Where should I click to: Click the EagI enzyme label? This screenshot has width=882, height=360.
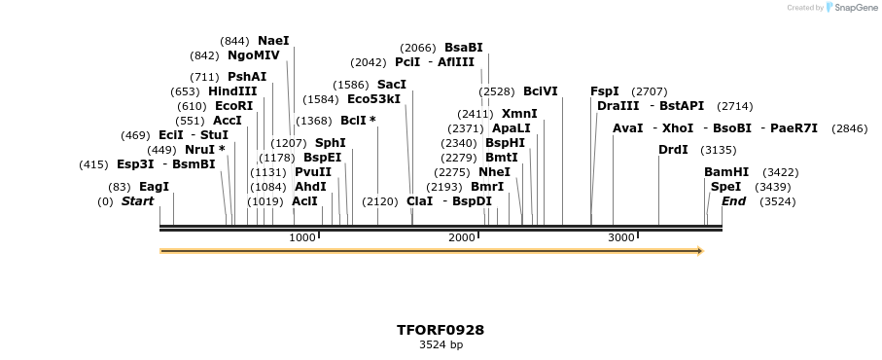pyautogui.click(x=154, y=186)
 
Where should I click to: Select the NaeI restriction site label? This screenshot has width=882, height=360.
pyautogui.click(x=273, y=41)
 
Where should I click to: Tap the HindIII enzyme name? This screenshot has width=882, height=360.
pyautogui.click(x=232, y=91)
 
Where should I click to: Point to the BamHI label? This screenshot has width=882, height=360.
pyautogui.click(x=726, y=171)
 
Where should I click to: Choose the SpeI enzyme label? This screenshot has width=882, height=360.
pyautogui.click(x=725, y=186)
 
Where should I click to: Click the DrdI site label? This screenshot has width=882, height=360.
pyautogui.click(x=673, y=150)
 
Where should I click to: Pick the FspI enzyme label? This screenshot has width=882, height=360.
pyautogui.click(x=604, y=91)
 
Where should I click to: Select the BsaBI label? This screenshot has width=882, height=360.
pyautogui.click(x=463, y=48)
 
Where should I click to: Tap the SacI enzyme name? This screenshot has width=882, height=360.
pyautogui.click(x=391, y=85)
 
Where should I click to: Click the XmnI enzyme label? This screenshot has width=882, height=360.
pyautogui.click(x=519, y=114)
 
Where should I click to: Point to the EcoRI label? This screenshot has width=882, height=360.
pyautogui.click(x=233, y=106)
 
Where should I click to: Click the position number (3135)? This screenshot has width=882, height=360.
pyautogui.click(x=719, y=150)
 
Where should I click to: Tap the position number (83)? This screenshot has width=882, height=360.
pyautogui.click(x=119, y=187)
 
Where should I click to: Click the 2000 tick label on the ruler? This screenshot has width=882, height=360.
pyautogui.click(x=461, y=237)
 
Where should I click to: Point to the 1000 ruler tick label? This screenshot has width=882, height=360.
pyautogui.click(x=302, y=237)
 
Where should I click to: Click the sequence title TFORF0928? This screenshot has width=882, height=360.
pyautogui.click(x=441, y=330)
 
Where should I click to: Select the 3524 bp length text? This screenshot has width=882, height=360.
pyautogui.click(x=441, y=344)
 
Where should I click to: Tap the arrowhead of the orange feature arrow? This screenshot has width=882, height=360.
pyautogui.click(x=699, y=251)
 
